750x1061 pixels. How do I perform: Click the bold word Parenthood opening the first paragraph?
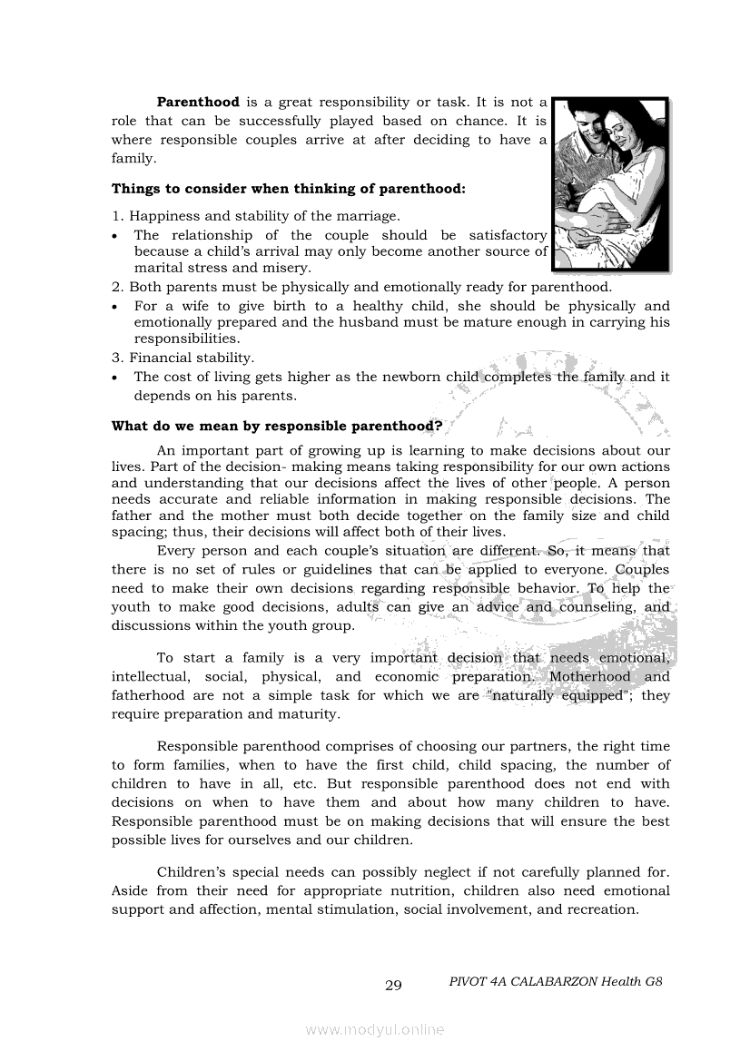198,103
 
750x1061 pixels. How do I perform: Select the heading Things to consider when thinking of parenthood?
288,189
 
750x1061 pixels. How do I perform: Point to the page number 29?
393,986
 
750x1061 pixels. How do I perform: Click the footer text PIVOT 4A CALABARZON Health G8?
556,982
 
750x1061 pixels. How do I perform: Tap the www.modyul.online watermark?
375,1030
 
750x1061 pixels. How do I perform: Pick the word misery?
287,268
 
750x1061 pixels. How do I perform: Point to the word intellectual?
150,677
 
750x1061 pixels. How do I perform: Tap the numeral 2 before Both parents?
115,287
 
